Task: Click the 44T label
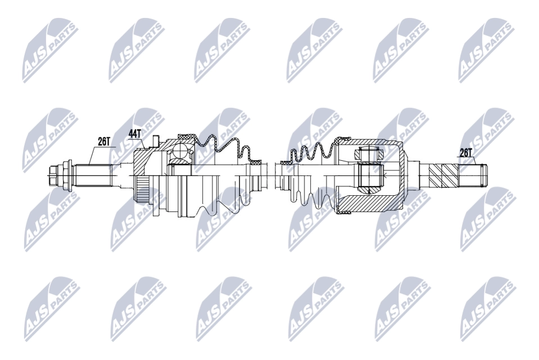135,133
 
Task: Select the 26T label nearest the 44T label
104,141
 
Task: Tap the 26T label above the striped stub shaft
466,152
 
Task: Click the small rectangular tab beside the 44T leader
155,141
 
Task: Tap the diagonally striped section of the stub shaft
445,175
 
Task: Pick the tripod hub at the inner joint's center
370,178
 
